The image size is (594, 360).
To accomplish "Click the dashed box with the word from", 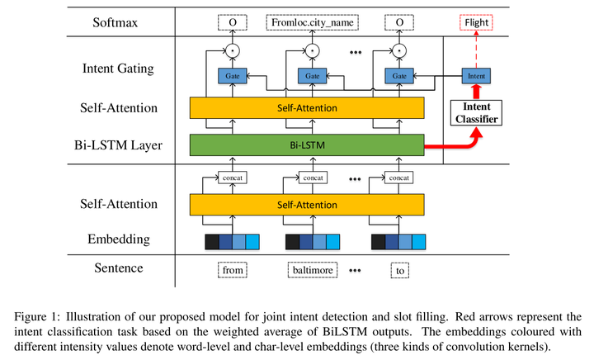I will [233, 269].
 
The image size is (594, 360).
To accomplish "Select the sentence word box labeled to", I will [400, 269].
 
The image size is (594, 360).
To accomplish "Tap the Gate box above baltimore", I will [312, 76].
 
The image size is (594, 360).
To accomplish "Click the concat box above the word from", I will [233, 178].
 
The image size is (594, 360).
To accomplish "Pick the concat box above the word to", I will [399, 178].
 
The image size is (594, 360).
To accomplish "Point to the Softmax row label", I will [115, 22].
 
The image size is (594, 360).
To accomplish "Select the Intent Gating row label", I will [118, 69].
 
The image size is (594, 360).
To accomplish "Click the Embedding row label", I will [120, 239].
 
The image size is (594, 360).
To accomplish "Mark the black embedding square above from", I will [212, 241].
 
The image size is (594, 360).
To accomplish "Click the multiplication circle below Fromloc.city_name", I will [312, 51].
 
